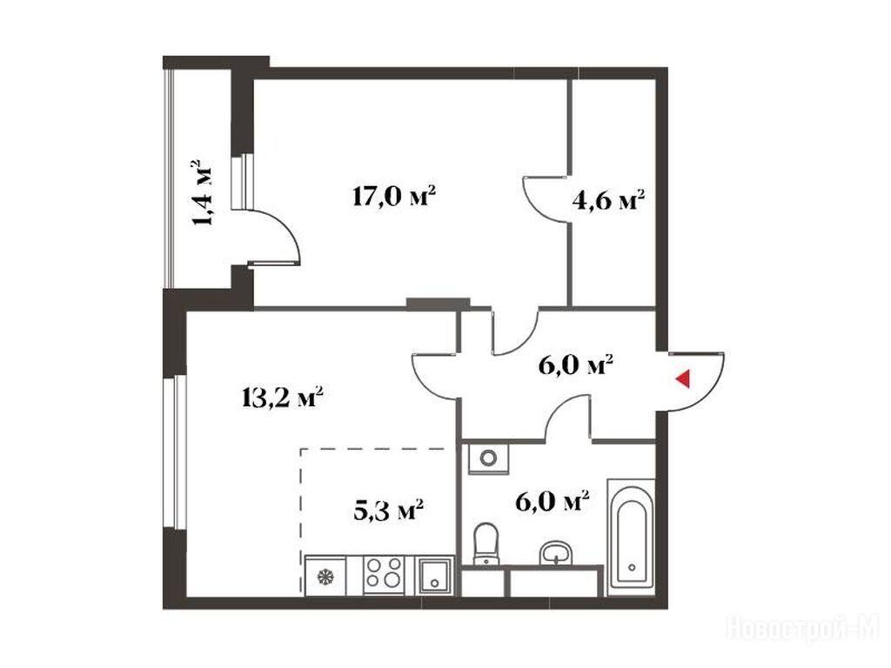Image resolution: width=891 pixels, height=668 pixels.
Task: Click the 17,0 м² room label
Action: pos(394,197)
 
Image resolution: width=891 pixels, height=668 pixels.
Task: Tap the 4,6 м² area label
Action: pos(608,200)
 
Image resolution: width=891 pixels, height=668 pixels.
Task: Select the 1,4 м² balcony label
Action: pos(202,192)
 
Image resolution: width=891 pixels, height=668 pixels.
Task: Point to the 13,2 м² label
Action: pos(283,397)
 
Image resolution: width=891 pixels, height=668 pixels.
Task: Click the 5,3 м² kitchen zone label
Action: pos(389,510)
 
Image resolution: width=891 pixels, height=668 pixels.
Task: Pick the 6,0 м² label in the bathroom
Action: pos(552,502)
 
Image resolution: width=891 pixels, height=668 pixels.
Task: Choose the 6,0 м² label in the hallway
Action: pos(575,365)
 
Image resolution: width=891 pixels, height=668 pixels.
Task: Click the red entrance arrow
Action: pos(683,379)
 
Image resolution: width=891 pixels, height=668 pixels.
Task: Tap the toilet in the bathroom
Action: pos(486,544)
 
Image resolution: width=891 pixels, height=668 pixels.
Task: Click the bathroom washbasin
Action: pos(556,552)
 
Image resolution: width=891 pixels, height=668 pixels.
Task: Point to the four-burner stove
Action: pos(384,574)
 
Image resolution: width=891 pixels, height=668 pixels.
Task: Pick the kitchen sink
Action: pos(435,576)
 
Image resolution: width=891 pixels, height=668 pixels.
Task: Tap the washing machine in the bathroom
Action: pos(488,458)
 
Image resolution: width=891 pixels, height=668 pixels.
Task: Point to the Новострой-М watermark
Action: pos(803,629)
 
